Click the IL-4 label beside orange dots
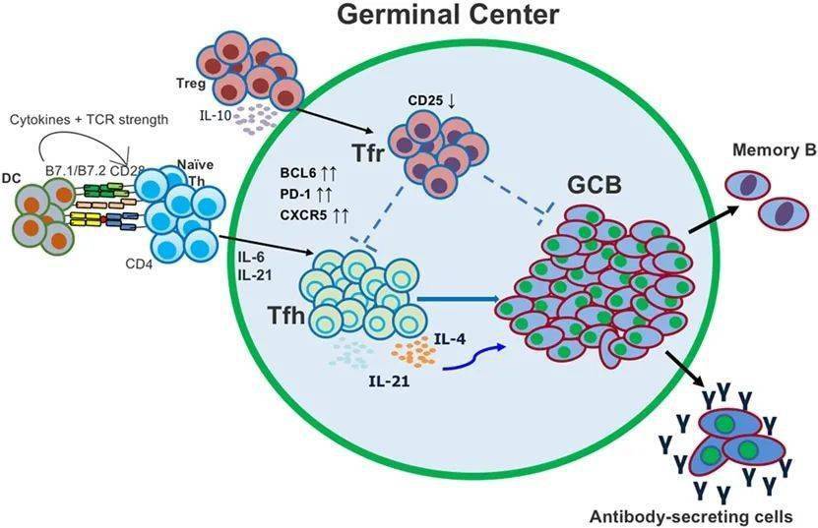451,338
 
